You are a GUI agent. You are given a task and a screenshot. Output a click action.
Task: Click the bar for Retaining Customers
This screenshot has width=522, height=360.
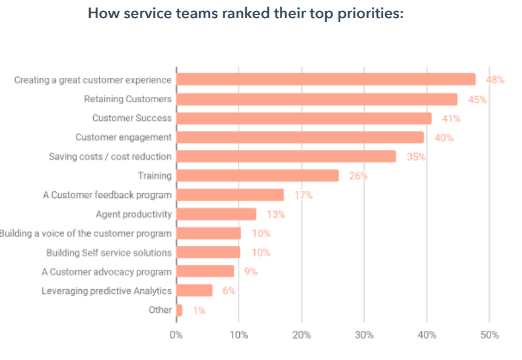[317, 99]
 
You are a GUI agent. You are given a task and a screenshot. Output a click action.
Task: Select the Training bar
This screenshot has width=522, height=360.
[257, 176]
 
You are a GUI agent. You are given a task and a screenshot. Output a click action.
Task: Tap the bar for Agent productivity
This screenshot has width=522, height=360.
[216, 214]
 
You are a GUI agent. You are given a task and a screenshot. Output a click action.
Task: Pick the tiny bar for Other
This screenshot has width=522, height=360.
[179, 310]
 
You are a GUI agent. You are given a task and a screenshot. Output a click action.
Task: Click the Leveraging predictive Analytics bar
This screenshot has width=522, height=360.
[194, 291]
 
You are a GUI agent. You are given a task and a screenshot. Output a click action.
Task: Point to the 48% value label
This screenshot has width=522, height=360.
[495, 80]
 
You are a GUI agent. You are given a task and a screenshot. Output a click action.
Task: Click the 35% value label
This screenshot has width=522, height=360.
[416, 157]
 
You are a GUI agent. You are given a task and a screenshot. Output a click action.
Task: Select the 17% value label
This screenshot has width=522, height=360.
[303, 195]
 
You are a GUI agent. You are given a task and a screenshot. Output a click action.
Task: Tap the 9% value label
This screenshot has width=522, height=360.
[251, 272]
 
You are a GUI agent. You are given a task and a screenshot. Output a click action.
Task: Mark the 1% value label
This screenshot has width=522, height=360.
[199, 310]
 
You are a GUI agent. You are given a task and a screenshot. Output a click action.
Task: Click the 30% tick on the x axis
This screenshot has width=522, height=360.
[364, 335]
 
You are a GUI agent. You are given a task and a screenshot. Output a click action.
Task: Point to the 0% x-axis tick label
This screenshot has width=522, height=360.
[176, 335]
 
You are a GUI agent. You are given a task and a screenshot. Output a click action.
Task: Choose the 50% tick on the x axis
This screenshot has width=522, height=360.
[489, 335]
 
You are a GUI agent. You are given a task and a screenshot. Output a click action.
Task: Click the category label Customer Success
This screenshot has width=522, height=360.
[131, 118]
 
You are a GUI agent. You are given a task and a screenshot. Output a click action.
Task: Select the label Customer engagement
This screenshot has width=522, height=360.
[123, 137]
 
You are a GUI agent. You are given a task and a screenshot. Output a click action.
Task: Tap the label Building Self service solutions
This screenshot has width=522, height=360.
[109, 253]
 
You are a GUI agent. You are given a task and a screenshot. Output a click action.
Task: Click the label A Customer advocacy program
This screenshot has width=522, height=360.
[107, 272]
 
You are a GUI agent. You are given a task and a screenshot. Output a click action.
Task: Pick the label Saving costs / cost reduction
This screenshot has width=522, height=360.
[110, 157]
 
